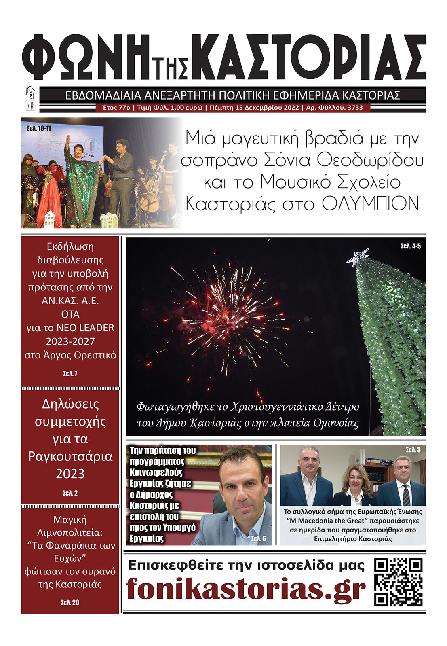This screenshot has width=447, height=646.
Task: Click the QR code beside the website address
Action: point(398,582)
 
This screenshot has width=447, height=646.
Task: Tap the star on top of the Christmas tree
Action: point(357,257)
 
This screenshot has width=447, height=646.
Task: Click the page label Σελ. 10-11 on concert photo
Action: point(39,128)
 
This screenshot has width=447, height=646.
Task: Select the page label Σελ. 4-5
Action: point(411,246)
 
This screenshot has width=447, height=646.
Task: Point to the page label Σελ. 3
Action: point(413,450)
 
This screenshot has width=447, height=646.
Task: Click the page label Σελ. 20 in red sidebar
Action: point(70,602)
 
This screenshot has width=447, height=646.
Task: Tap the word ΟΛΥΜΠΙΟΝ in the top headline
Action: point(370,203)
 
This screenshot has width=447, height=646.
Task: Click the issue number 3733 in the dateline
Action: point(355,108)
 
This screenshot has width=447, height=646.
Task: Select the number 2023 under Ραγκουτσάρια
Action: point(70,474)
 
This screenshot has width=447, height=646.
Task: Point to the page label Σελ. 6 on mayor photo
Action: point(258,538)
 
